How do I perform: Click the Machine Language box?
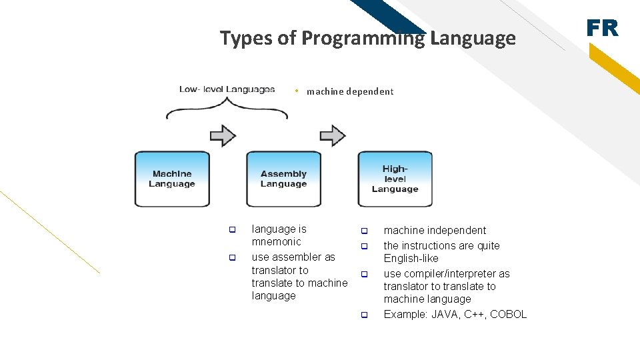click(x=172, y=179)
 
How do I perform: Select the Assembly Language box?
click(x=283, y=179)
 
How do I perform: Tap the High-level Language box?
click(x=395, y=179)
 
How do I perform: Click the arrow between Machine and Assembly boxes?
click(x=223, y=136)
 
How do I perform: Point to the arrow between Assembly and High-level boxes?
click(x=333, y=136)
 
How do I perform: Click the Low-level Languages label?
click(x=227, y=89)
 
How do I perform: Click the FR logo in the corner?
click(x=602, y=28)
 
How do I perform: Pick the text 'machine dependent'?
click(x=350, y=91)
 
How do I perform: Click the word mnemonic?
click(x=276, y=241)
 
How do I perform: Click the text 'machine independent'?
click(x=435, y=230)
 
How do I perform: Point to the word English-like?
click(x=411, y=258)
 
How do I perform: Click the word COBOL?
click(x=508, y=314)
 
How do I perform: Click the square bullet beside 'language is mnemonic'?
click(x=233, y=230)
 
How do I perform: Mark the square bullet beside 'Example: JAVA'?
click(x=365, y=315)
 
